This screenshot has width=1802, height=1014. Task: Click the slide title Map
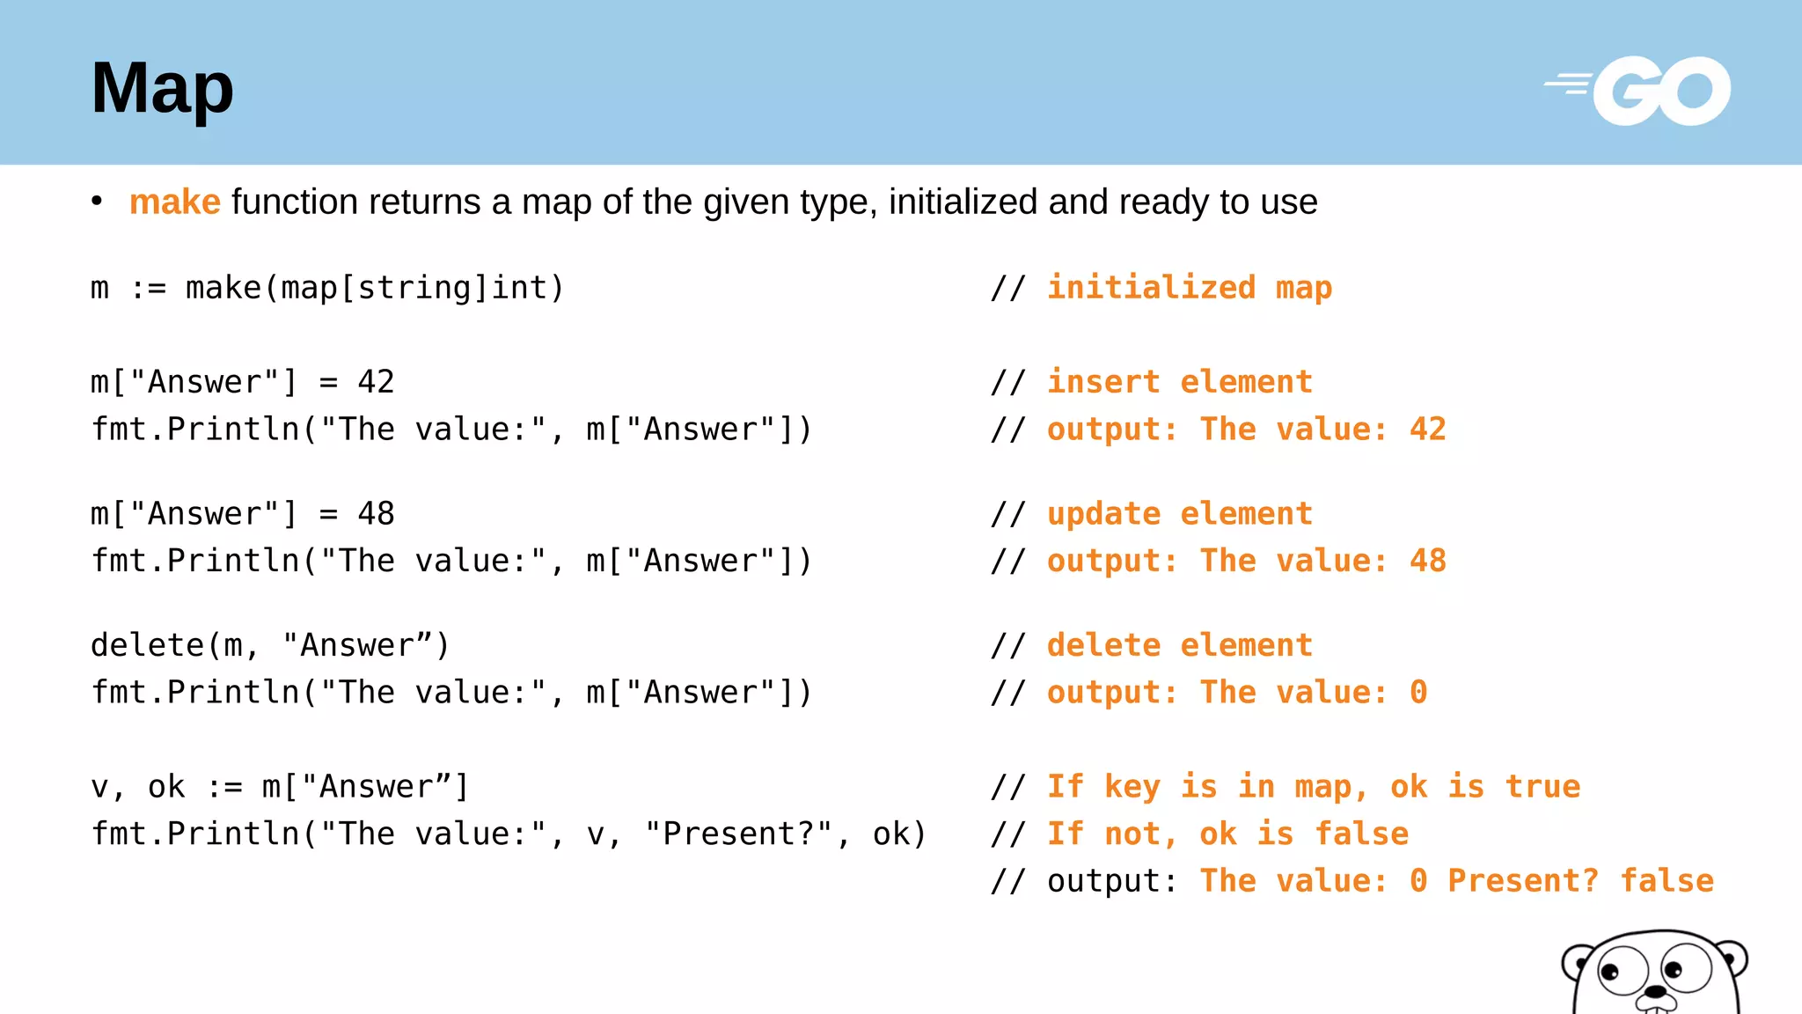tap(163, 89)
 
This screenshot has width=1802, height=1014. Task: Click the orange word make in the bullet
tap(174, 202)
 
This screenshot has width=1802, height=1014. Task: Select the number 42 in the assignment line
tap(376, 382)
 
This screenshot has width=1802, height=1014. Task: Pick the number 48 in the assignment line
tap(376, 514)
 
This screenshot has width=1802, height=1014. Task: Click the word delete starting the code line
tap(147, 645)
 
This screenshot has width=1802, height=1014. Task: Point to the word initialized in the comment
tap(1151, 288)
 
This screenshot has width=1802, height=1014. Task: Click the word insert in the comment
tap(1103, 382)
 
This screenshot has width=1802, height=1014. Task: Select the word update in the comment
tap(1103, 514)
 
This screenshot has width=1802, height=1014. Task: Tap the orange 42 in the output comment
tap(1427, 430)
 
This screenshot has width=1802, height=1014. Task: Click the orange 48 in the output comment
tap(1427, 561)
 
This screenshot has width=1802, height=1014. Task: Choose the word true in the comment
tap(1542, 787)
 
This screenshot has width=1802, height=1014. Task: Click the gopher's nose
tap(1656, 993)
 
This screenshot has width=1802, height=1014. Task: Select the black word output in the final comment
tap(1112, 881)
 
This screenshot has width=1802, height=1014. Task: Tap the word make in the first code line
tap(223, 288)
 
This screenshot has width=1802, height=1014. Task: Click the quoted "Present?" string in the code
tap(738, 834)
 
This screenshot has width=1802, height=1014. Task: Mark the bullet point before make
tap(97, 202)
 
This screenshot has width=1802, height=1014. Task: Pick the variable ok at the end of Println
tap(891, 834)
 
